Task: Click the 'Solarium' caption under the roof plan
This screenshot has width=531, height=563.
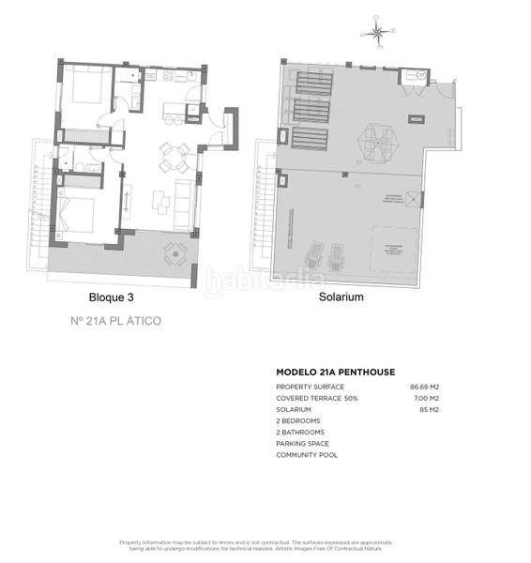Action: (341, 297)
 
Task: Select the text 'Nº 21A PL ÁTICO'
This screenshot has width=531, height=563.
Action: (116, 321)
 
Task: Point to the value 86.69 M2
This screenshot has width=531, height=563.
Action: (425, 387)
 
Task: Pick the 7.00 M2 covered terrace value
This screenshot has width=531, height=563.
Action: (427, 399)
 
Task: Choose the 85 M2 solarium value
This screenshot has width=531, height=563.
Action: (429, 410)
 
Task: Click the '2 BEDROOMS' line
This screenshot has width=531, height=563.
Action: (298, 421)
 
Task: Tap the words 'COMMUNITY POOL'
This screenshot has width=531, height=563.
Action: (307, 455)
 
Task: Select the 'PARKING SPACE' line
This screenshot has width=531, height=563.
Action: (301, 444)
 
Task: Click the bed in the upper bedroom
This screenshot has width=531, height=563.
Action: (85, 89)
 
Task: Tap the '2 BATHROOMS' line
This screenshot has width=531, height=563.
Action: (300, 433)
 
